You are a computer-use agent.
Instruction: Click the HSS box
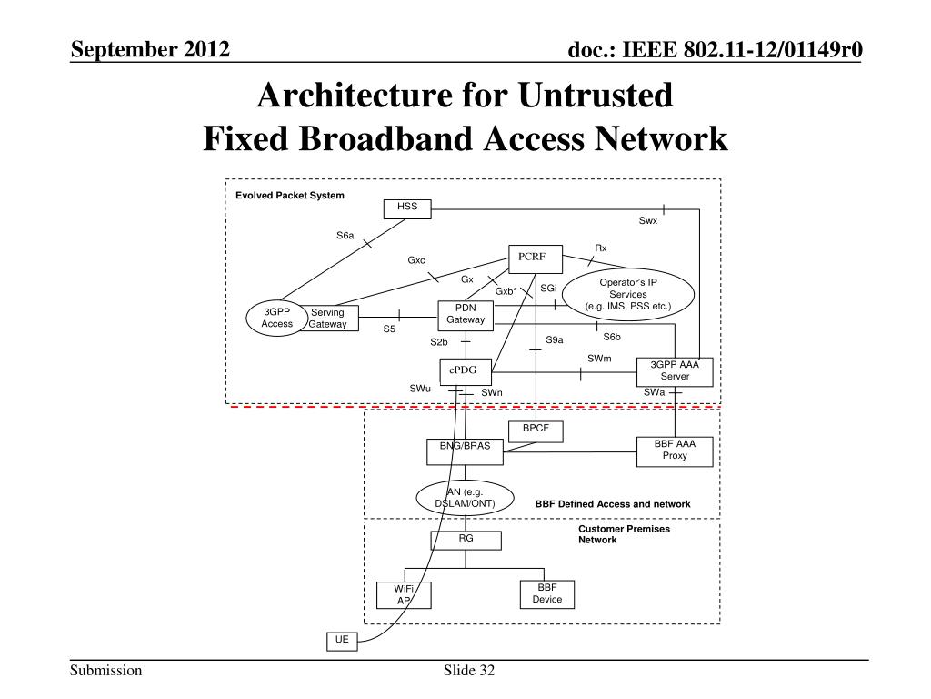coord(407,209)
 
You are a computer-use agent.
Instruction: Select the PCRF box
coord(536,259)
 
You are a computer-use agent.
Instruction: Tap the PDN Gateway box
coord(465,316)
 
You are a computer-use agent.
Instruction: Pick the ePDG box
coord(466,372)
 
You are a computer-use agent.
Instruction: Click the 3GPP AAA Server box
coord(675,372)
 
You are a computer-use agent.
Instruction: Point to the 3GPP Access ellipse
coord(277,318)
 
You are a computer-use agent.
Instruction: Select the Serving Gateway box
coord(333,318)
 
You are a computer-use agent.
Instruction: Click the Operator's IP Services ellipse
coord(628,294)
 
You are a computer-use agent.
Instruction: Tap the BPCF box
coord(536,431)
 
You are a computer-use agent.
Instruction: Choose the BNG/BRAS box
coord(465,451)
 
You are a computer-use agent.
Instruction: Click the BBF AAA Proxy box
coord(675,451)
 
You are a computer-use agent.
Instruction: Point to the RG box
coord(466,541)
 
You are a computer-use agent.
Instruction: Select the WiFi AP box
coord(404,595)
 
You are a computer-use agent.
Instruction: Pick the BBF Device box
coord(546,594)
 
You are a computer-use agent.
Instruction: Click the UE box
coord(342,642)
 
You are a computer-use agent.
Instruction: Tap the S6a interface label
coord(345,236)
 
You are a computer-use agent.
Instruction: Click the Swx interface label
coord(647,220)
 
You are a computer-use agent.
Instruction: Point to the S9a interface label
coord(554,340)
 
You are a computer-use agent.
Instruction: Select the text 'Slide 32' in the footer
coord(469,671)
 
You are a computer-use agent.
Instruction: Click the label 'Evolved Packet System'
coord(290,195)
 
